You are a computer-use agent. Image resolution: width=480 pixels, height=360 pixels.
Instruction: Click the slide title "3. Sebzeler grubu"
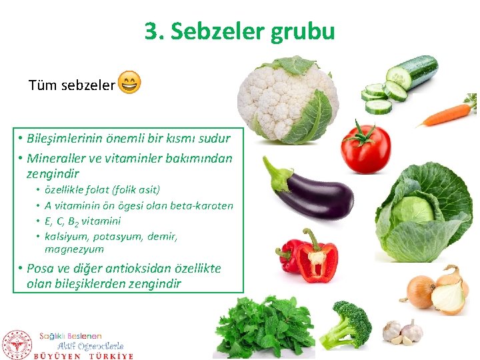[239, 31]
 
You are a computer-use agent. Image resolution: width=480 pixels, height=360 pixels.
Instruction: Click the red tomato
[365, 149]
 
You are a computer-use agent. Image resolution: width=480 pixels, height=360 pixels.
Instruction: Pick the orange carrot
[445, 115]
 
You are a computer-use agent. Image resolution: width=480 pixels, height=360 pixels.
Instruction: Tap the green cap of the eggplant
[276, 174]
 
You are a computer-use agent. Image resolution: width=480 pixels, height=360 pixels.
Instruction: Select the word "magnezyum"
[74, 249]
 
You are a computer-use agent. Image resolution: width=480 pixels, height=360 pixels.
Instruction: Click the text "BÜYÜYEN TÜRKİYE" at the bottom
[84, 356]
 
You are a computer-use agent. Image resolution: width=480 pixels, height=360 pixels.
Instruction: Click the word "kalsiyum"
[64, 236]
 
